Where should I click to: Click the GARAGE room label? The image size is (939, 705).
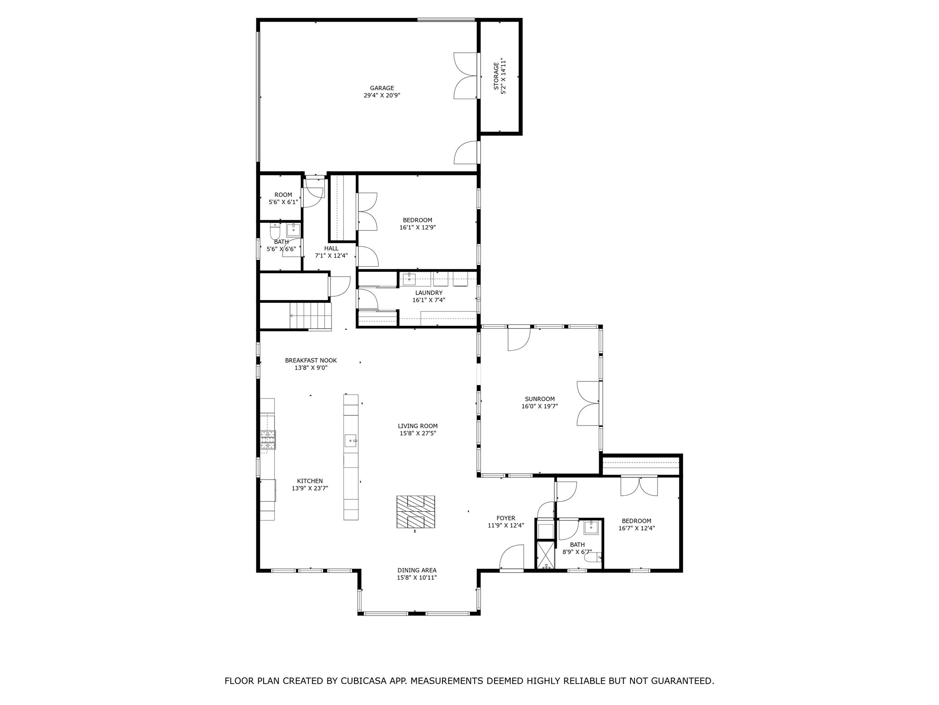pyautogui.click(x=382, y=88)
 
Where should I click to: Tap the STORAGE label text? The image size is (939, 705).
pyautogui.click(x=496, y=76)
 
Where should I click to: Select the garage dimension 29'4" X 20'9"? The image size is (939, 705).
pyautogui.click(x=382, y=95)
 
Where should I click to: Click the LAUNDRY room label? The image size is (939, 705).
pyautogui.click(x=429, y=293)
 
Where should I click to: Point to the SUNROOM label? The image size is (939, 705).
pyautogui.click(x=540, y=399)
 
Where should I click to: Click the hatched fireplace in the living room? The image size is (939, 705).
pyautogui.click(x=415, y=512)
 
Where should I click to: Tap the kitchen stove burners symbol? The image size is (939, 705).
pyautogui.click(x=268, y=439)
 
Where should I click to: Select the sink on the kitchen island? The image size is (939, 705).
pyautogui.click(x=351, y=440)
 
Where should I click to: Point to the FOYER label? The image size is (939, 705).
pyautogui.click(x=506, y=518)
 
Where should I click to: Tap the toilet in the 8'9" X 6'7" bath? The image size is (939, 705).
pyautogui.click(x=595, y=558)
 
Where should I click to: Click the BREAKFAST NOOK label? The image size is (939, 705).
pyautogui.click(x=310, y=360)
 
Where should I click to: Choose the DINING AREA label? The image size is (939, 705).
pyautogui.click(x=417, y=570)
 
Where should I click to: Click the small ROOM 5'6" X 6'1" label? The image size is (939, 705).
pyautogui.click(x=283, y=195)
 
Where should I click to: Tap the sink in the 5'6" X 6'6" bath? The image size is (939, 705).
pyautogui.click(x=293, y=229)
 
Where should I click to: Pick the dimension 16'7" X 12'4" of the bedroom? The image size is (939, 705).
pyautogui.click(x=636, y=528)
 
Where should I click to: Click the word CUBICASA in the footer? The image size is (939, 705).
pyautogui.click(x=367, y=681)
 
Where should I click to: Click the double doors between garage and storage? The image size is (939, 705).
pyautogui.click(x=466, y=76)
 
